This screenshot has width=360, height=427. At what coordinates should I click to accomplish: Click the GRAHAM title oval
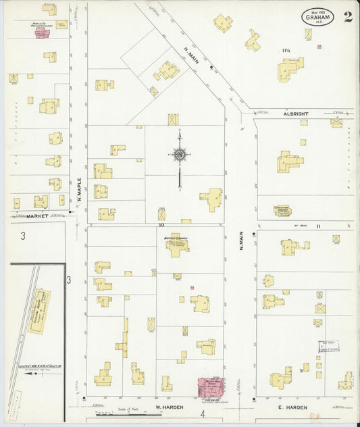click(x=317, y=16)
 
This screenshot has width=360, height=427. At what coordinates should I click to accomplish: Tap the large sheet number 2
click(x=347, y=17)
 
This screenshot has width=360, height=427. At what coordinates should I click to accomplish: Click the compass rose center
click(x=179, y=155)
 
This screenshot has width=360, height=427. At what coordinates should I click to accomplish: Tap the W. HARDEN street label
click(x=166, y=407)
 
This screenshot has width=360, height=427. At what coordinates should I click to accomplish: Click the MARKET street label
click(x=37, y=216)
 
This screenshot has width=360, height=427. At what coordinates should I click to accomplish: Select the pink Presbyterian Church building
click(x=41, y=31)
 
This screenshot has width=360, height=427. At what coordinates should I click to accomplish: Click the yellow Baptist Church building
click(x=177, y=244)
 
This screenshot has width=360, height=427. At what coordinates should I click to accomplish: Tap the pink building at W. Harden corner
click(x=210, y=388)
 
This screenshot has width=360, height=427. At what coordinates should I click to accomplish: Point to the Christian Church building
click(x=282, y=211)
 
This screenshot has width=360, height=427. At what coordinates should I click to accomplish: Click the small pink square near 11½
click(x=319, y=47)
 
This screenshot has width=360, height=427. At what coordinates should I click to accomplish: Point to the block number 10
click(x=162, y=226)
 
